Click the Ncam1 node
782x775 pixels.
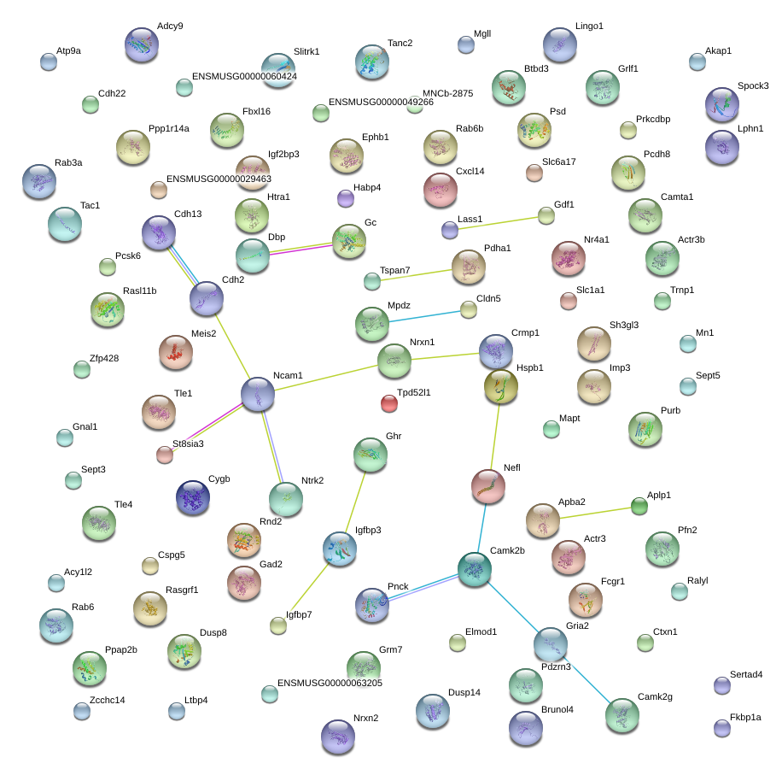pos(258,394)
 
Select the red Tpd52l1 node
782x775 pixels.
pos(389,403)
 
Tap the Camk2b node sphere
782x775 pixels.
pos(474,570)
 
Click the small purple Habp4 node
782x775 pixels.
pos(346,199)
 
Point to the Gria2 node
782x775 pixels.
pos(550,644)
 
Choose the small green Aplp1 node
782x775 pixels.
pos(639,506)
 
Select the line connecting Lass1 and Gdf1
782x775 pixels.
pos(499,222)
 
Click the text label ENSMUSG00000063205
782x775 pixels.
pos(330,684)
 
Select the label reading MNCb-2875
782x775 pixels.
pos(447,94)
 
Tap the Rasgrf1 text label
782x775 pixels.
pos(182,590)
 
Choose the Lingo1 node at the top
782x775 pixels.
pos(560,44)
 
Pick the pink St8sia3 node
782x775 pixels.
pos(165,455)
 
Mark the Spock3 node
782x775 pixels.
pos(722,104)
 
